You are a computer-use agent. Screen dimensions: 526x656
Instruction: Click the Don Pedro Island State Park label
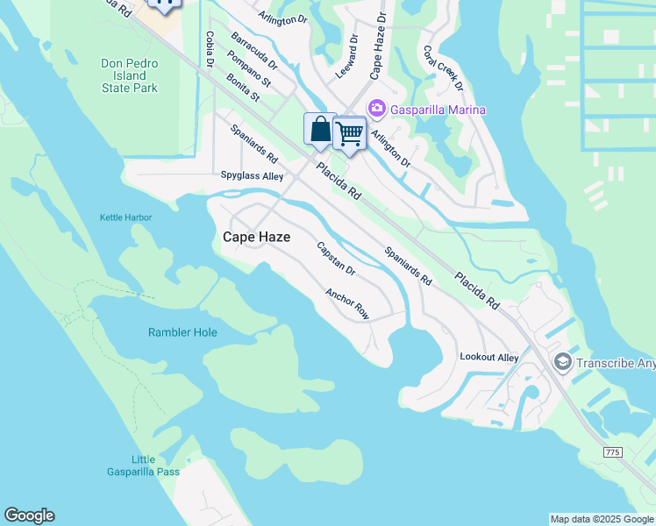[x=129, y=76]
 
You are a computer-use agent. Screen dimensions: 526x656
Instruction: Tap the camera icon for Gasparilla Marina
[x=377, y=109]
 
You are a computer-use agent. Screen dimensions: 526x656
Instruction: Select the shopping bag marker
[x=320, y=130]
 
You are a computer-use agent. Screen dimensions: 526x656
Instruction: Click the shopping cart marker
[x=349, y=133]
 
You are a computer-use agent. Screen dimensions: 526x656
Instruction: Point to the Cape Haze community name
[x=256, y=237]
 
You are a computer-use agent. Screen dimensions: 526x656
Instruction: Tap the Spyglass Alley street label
[x=252, y=176]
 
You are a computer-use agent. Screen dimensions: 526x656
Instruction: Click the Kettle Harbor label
[x=125, y=217]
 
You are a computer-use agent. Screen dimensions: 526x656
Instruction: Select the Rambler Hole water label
[x=182, y=332]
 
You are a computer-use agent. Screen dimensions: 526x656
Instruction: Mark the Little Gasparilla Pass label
[x=155, y=466]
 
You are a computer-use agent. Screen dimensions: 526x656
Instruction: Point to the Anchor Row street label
[x=347, y=303]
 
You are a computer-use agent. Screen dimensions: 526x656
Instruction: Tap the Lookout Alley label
[x=489, y=357]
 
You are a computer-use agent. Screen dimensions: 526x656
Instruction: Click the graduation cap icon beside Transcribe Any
[x=562, y=361]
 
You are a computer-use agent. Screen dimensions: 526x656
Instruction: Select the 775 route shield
[x=614, y=451]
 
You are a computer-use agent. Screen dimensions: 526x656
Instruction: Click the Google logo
[x=29, y=515]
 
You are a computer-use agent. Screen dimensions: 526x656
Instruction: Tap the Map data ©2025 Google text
[x=602, y=519]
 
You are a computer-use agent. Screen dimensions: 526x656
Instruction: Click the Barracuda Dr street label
[x=253, y=51]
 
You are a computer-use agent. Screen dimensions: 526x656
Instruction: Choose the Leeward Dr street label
[x=348, y=57]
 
